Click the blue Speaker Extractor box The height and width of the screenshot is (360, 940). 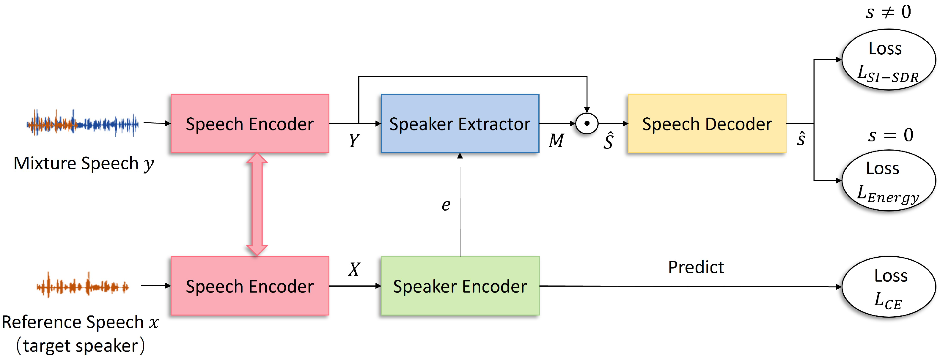click(x=460, y=124)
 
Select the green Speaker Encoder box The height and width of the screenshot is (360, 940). click(x=460, y=286)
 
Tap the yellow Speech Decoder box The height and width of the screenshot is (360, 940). click(x=707, y=124)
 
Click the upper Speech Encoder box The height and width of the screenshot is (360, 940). click(x=250, y=124)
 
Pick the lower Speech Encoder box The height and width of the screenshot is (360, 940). click(x=250, y=286)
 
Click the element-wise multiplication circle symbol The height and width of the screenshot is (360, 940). click(x=587, y=124)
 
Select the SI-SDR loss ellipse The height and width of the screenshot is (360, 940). click(x=888, y=60)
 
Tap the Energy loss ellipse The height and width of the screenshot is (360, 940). click(x=888, y=181)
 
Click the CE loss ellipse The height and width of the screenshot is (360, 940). click(x=888, y=287)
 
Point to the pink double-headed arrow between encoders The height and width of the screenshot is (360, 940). click(x=257, y=204)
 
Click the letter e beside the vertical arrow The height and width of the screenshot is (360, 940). click(x=446, y=205)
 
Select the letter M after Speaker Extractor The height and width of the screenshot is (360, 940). click(x=556, y=140)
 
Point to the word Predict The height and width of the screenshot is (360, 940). click(x=696, y=267)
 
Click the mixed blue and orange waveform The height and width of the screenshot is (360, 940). click(x=82, y=123)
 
